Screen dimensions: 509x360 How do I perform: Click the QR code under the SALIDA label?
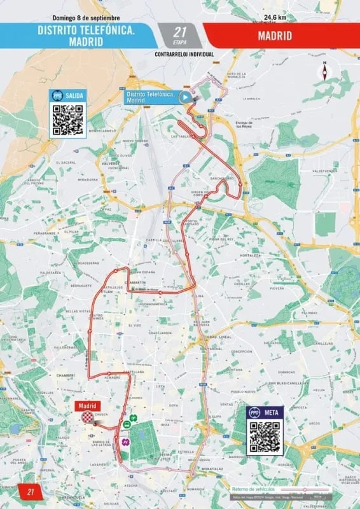pos(68,119)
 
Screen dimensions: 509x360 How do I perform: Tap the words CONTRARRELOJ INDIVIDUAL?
pos(184,54)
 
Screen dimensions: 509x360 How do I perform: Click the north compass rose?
pos(325,71)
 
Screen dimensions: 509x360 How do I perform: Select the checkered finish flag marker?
pos(88,417)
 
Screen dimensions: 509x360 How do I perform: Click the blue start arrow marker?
pos(184,97)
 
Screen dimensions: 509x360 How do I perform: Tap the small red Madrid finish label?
pos(87,405)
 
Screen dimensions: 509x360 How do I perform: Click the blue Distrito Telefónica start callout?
pos(150,97)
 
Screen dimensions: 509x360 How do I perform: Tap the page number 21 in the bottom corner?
pos(29,492)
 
